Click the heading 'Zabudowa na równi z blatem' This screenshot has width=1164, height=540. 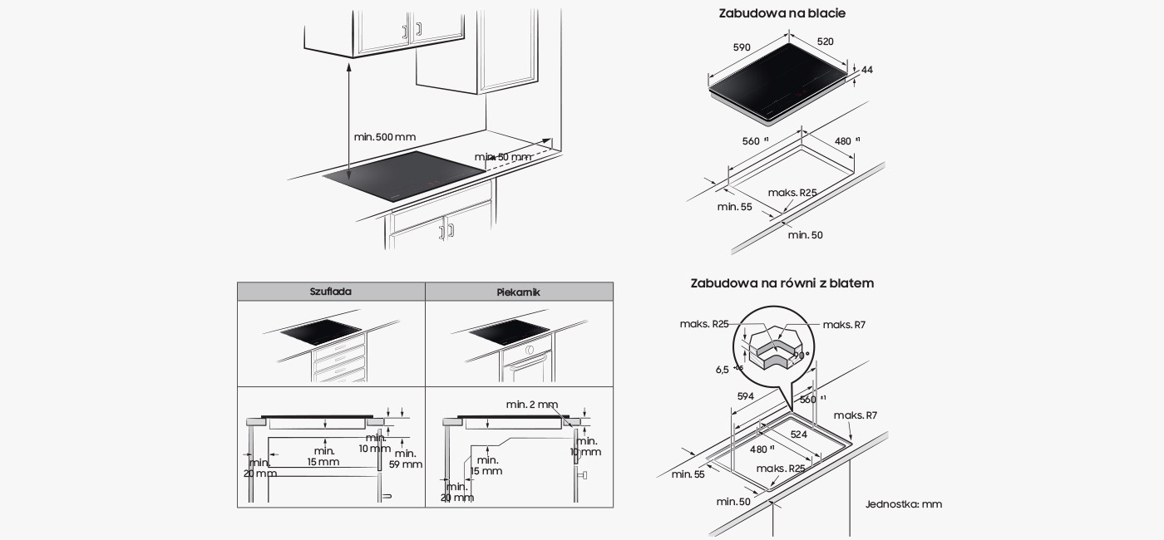pyautogui.click(x=782, y=283)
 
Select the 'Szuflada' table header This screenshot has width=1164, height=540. pyautogui.click(x=331, y=292)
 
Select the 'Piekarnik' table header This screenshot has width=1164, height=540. pyautogui.click(x=519, y=292)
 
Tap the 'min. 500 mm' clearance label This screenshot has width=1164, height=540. pyautogui.click(x=384, y=136)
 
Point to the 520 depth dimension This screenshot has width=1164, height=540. pyautogui.click(x=825, y=42)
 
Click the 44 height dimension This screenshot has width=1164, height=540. pyautogui.click(x=867, y=70)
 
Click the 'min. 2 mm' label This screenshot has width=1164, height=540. pyautogui.click(x=531, y=405)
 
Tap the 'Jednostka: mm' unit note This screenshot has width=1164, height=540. pyautogui.click(x=903, y=503)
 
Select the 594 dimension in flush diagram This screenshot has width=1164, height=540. pyautogui.click(x=745, y=396)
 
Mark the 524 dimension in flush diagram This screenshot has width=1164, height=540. pyautogui.click(x=798, y=434)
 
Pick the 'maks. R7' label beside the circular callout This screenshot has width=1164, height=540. pyautogui.click(x=844, y=325)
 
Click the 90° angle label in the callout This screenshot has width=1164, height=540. pyautogui.click(x=801, y=355)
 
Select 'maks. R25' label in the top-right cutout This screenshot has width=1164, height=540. pyautogui.click(x=792, y=193)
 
